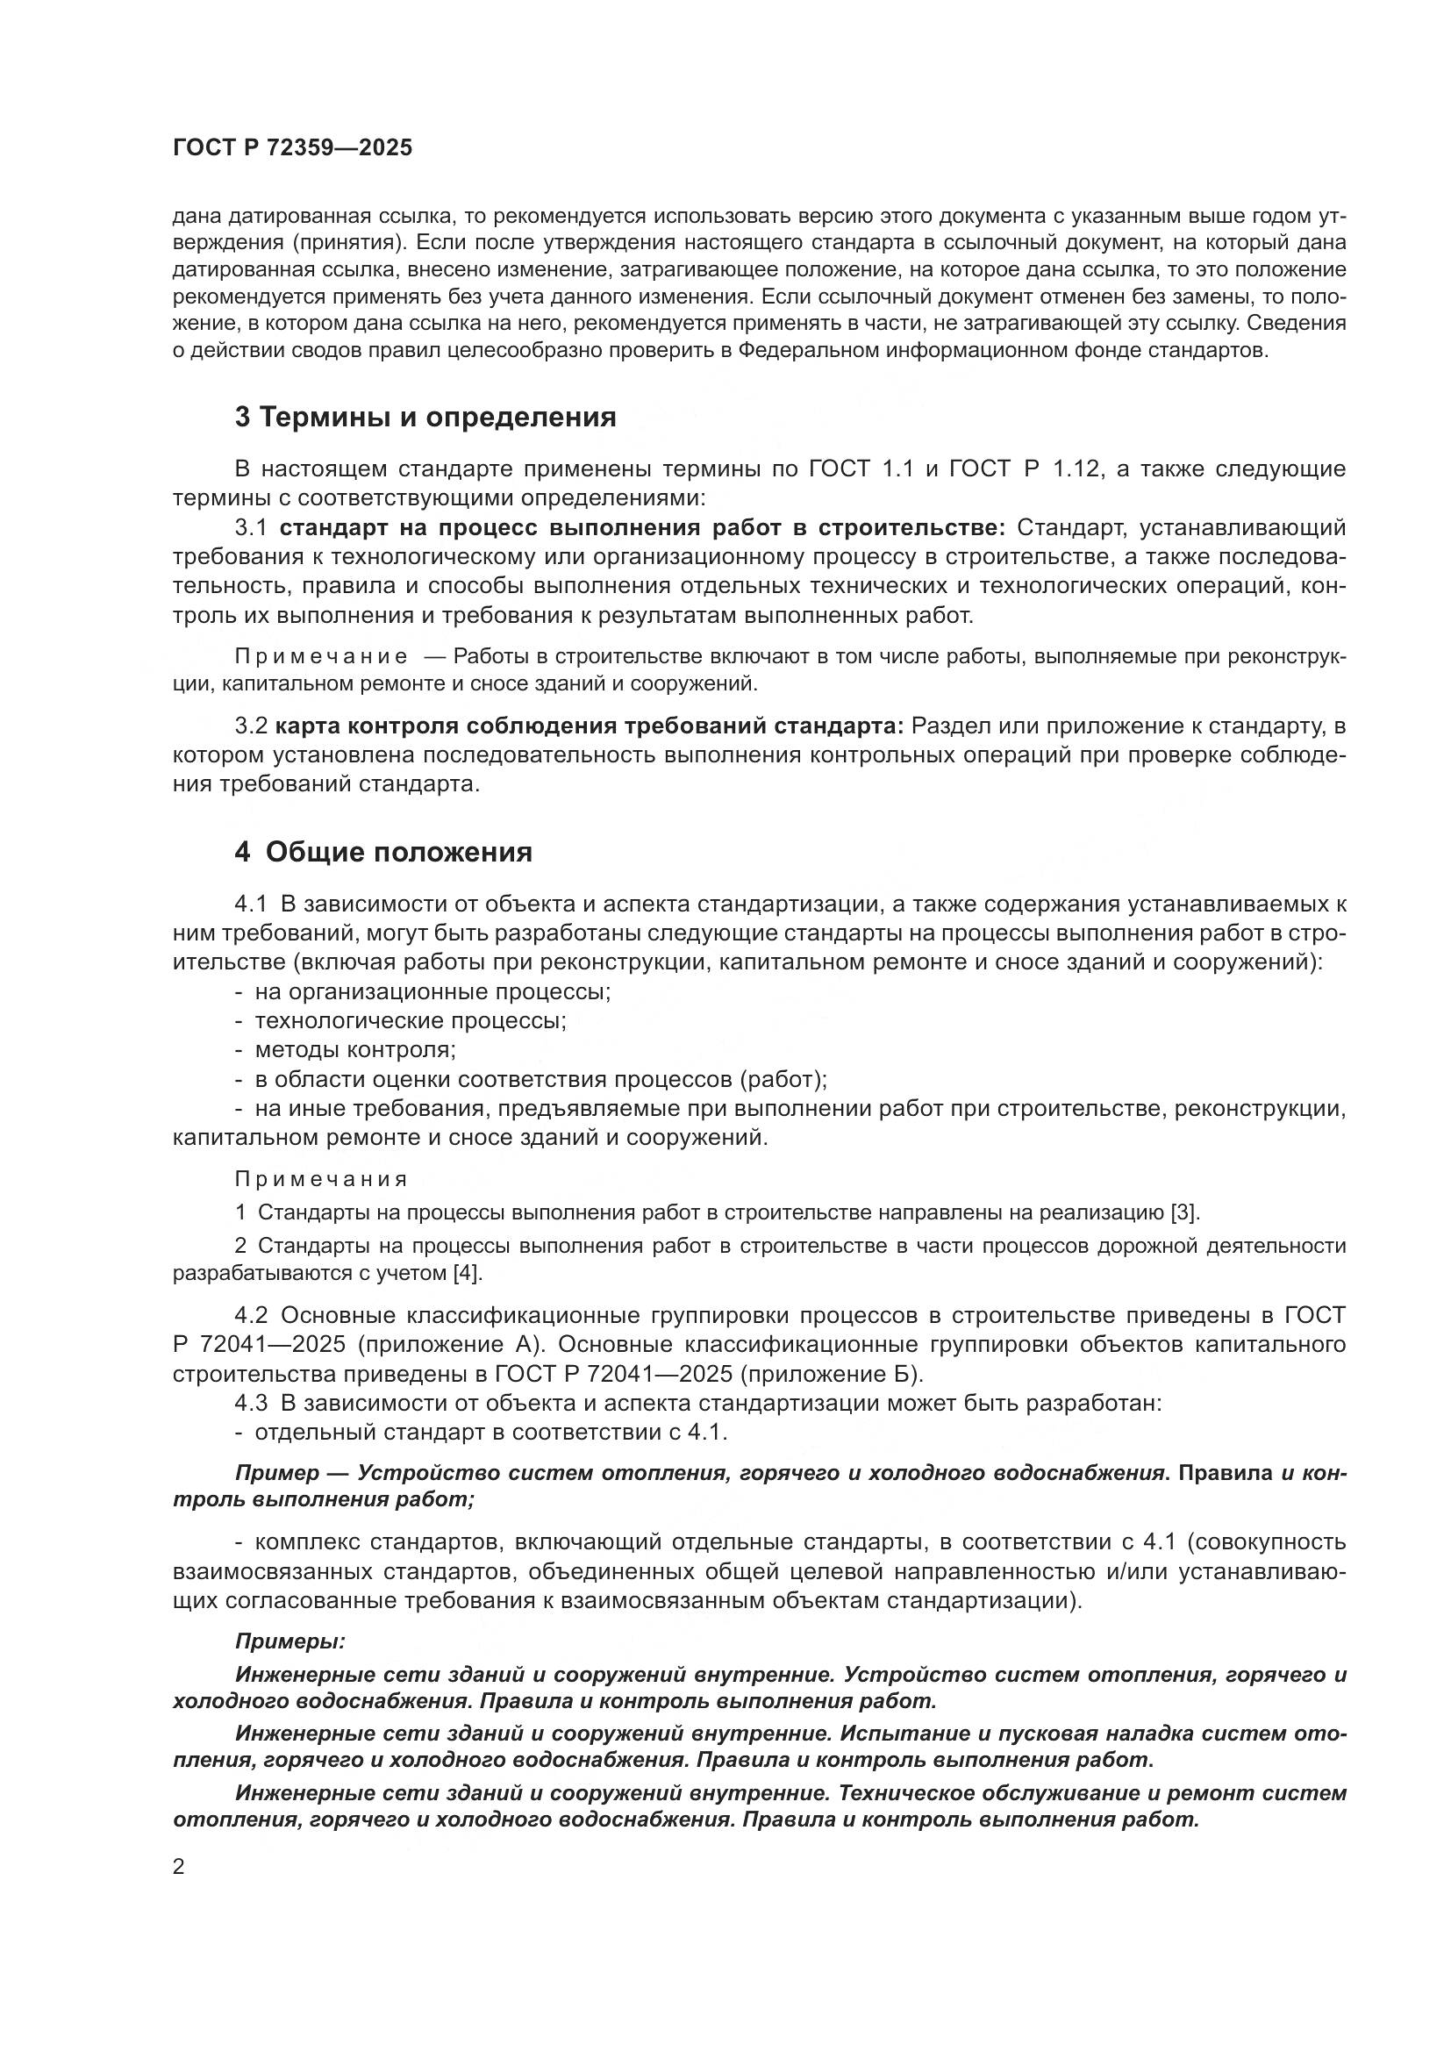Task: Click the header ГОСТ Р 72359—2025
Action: tap(292, 148)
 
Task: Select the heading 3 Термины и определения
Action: tap(425, 418)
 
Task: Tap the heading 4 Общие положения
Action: tap(383, 853)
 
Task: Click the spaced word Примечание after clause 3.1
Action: tap(321, 657)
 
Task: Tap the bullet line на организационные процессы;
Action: tap(432, 992)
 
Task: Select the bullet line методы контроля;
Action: tap(355, 1050)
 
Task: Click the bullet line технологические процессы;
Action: tap(410, 1021)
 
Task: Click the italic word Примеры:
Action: tap(290, 1642)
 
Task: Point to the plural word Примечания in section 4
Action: tap(321, 1180)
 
